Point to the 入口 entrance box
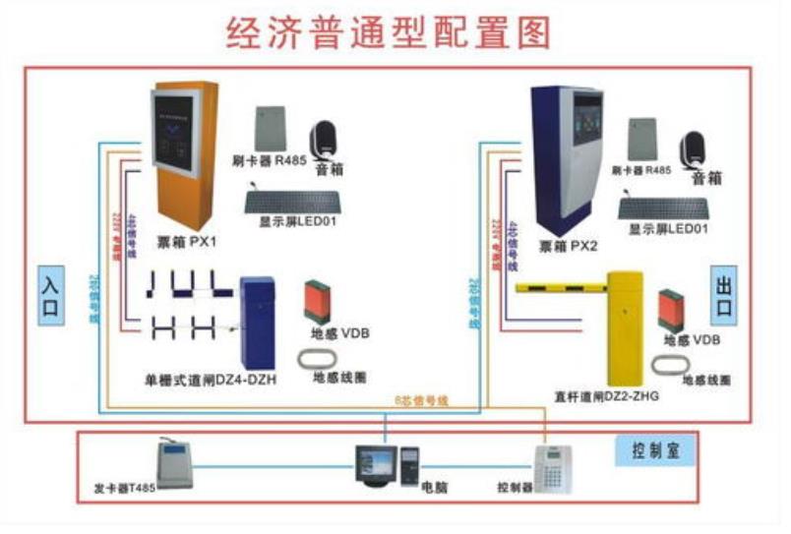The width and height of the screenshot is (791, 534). pyautogui.click(x=51, y=294)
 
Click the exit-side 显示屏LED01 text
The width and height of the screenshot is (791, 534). pyautogui.click(x=668, y=229)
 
